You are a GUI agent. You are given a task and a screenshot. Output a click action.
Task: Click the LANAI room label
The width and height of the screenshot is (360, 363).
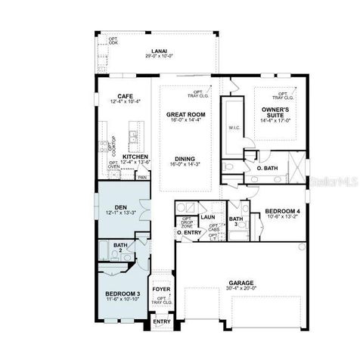click(x=160, y=50)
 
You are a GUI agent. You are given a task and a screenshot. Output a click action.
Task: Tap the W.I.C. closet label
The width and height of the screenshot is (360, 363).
click(x=234, y=128)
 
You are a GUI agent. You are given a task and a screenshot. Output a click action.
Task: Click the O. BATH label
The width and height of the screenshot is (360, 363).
click(x=267, y=168)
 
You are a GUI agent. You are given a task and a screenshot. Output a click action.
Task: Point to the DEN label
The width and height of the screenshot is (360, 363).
click(x=120, y=206)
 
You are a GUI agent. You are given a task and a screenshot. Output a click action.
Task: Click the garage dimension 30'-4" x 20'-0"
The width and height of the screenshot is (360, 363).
click(x=241, y=288)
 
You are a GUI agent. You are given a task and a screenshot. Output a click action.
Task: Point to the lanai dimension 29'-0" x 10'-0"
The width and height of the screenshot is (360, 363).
click(x=160, y=56)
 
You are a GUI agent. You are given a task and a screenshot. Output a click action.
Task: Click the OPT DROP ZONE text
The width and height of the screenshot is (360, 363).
click(x=186, y=223)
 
